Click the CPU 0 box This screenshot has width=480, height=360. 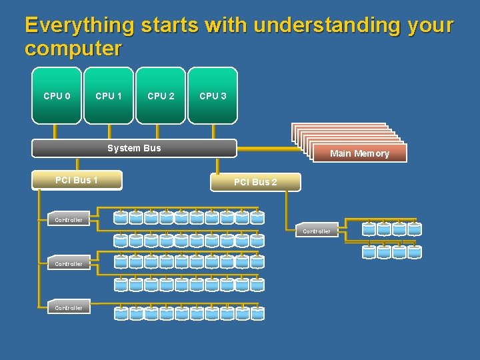[57, 95]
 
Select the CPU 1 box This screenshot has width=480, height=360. [109, 95]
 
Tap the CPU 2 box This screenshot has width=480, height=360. [161, 95]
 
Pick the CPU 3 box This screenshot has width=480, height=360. [213, 95]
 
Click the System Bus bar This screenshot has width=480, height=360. [134, 148]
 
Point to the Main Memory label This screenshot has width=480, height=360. [359, 153]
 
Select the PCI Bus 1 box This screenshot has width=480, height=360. [77, 180]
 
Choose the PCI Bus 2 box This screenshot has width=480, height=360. [255, 182]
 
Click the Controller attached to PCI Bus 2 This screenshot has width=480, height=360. [317, 231]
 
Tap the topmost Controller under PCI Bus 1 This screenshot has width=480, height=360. [69, 219]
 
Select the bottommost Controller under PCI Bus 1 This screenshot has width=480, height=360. [69, 307]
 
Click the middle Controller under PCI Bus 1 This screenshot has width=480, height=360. [69, 263]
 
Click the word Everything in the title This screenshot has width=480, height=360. [79, 25]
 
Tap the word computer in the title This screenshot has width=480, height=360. [73, 49]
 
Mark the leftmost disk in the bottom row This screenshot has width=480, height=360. [121, 313]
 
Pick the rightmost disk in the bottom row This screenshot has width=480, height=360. [257, 313]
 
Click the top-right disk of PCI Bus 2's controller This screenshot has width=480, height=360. [414, 229]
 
